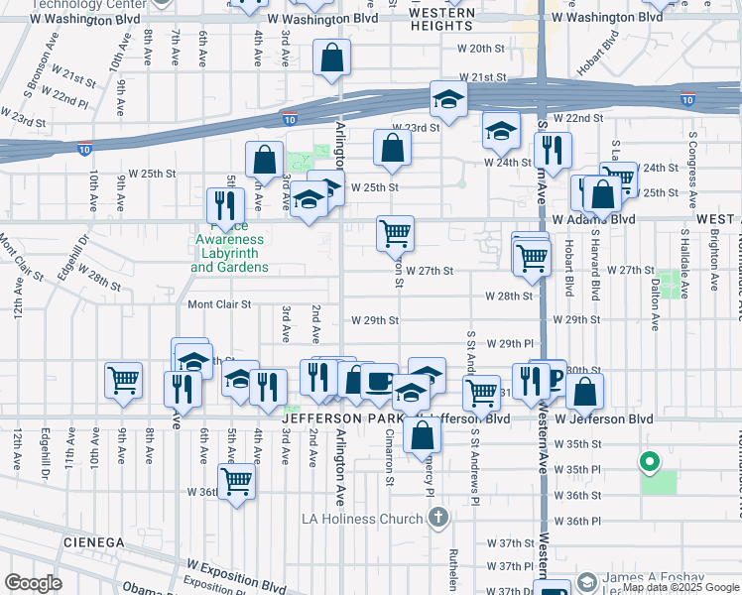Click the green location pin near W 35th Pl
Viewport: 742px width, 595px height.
pyautogui.click(x=650, y=462)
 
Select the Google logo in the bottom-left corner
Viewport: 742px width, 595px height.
pyautogui.click(x=33, y=583)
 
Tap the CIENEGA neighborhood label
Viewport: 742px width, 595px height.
pyautogui.click(x=91, y=542)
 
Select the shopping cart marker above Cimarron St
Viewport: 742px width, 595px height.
pyautogui.click(x=395, y=234)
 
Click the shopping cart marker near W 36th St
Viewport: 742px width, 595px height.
pyautogui.click(x=236, y=481)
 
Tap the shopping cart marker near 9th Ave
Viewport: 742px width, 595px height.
pyautogui.click(x=123, y=380)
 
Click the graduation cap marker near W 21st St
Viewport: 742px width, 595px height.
pyautogui.click(x=448, y=99)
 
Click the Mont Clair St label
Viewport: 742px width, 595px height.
pyautogui.click(x=219, y=304)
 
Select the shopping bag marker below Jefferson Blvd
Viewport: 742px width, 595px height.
pyautogui.click(x=422, y=433)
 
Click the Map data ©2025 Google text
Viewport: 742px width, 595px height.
pyautogui.click(x=680, y=587)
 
